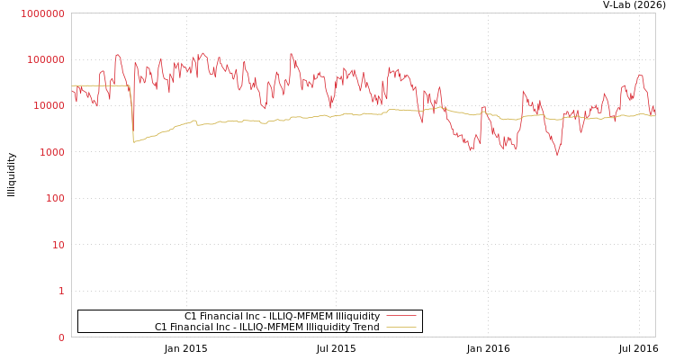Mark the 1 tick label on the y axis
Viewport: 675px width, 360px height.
point(62,291)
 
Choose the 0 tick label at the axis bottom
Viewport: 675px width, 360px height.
point(62,337)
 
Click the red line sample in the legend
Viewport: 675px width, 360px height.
point(400,316)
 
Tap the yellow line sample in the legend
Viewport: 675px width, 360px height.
point(400,327)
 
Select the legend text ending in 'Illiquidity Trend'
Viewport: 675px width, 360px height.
point(266,327)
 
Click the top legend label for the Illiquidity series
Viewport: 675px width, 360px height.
point(282,316)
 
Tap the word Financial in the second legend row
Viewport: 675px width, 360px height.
point(193,327)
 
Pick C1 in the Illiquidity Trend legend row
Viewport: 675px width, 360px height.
point(161,327)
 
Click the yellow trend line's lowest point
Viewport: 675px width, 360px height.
point(134,141)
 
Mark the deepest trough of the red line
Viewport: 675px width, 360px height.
point(557,155)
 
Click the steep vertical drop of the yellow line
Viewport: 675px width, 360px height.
point(132,112)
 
